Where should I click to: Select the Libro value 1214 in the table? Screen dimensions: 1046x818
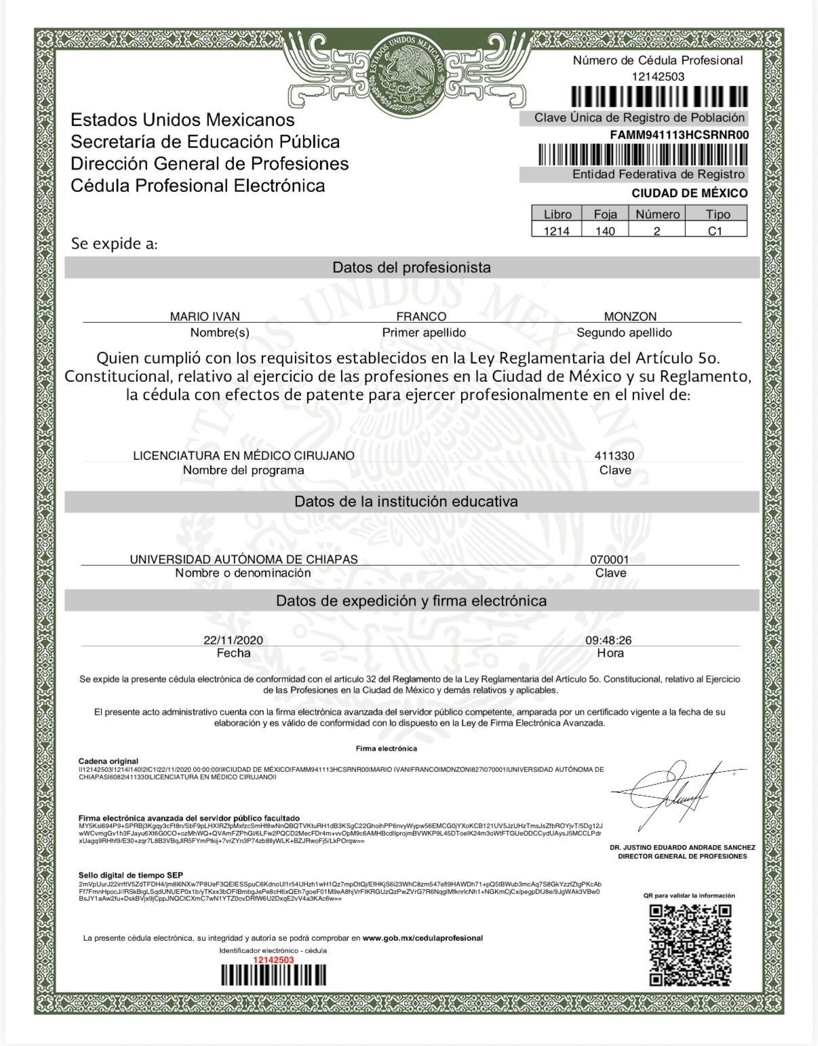click(558, 231)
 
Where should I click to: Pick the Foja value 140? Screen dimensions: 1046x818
click(604, 231)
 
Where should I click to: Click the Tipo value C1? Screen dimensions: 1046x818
click(718, 231)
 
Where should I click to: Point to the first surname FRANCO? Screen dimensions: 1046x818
click(421, 317)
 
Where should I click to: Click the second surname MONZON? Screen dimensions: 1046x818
click(630, 317)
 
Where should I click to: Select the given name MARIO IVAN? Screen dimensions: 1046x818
click(205, 317)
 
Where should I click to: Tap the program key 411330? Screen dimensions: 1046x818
click(615, 456)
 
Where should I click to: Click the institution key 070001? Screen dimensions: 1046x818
click(610, 560)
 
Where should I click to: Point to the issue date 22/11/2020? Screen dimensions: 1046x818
click(233, 640)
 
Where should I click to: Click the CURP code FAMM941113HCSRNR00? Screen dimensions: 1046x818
click(679, 134)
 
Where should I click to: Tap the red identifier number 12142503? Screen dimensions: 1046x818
click(273, 960)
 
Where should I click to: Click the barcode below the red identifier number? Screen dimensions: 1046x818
click(273, 975)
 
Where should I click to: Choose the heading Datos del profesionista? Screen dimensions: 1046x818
click(411, 267)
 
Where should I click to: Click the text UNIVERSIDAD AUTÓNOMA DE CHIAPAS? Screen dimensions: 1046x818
click(244, 560)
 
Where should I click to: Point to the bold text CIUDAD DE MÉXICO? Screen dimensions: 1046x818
click(690, 193)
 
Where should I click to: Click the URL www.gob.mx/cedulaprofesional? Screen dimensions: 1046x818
click(423, 938)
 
